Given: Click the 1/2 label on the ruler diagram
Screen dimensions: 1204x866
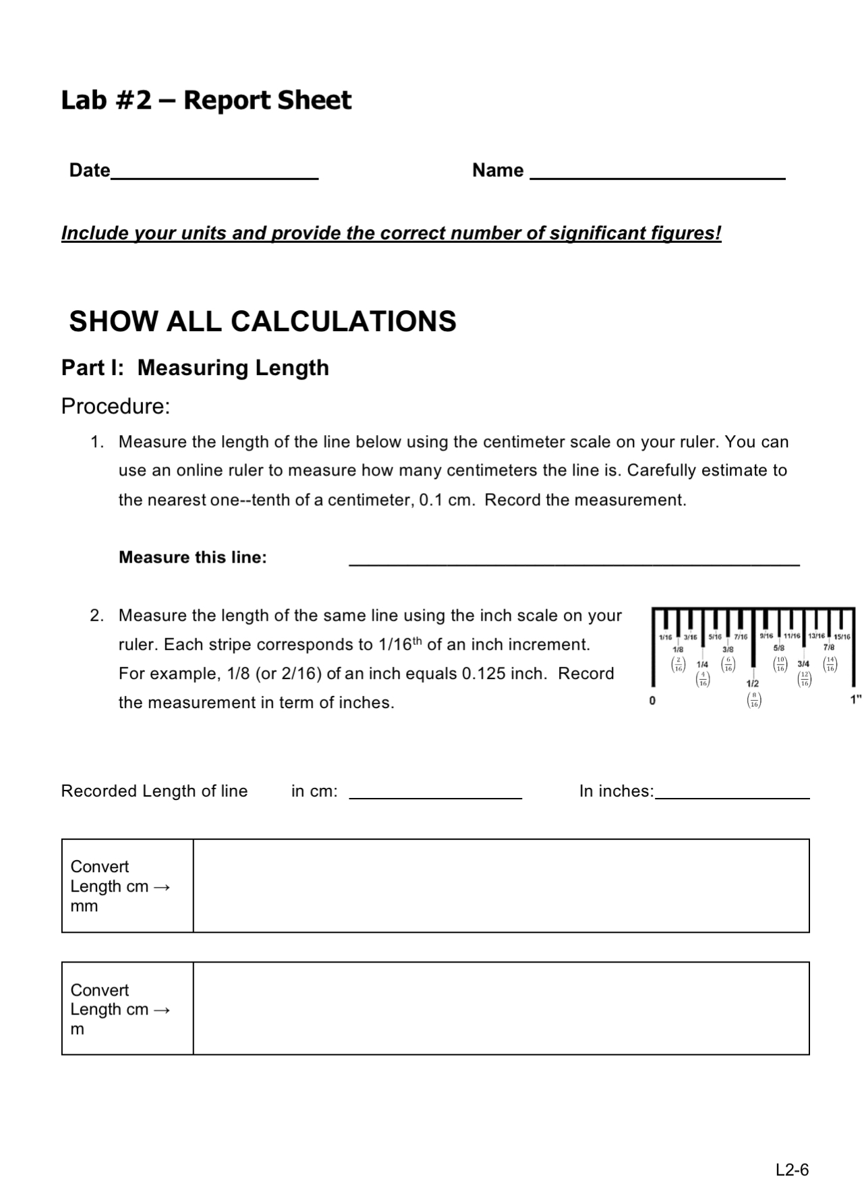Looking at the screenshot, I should pos(753,683).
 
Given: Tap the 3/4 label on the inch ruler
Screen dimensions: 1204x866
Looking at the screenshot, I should pos(803,664).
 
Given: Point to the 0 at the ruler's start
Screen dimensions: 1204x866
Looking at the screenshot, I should pos(652,700).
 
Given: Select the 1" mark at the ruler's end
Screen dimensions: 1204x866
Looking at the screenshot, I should pos(855,699).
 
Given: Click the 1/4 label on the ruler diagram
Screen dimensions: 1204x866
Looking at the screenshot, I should pos(702,664).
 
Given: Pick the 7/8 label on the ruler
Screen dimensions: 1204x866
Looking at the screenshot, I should pos(829,647).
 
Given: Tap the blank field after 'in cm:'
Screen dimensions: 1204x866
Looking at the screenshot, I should pos(435,791).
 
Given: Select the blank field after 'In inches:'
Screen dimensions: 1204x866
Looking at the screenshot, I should pos(732,791).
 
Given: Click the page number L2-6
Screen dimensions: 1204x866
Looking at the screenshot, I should pos(792,1170).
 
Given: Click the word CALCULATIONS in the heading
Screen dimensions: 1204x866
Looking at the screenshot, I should pos(343,321).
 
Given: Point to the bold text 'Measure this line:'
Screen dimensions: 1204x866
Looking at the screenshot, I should pos(193,557).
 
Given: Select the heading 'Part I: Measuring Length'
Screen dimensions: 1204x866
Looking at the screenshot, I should pos(195,368).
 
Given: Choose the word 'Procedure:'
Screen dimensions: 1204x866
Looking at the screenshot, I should pos(115,406).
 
